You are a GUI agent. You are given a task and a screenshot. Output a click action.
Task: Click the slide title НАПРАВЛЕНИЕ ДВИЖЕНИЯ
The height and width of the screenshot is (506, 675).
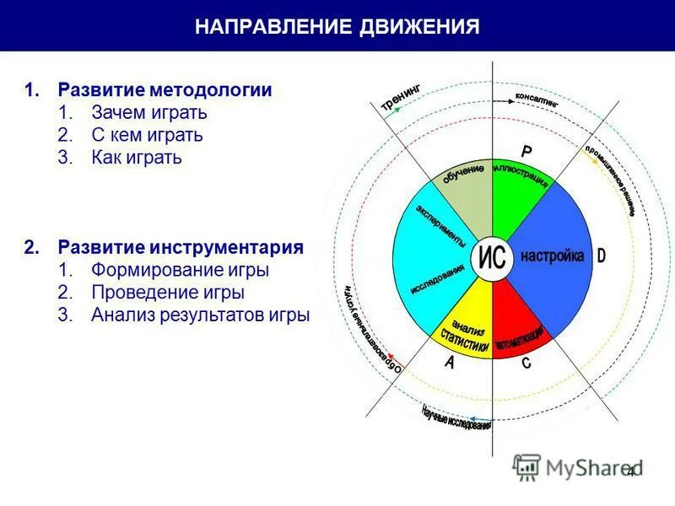pos(337,26)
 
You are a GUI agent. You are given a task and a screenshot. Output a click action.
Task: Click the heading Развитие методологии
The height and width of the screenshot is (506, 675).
pos(165,90)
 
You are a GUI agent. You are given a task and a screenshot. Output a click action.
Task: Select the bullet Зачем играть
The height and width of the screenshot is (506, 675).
pos(149,113)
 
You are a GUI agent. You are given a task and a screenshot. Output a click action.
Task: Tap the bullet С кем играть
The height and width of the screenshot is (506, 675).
pos(147,135)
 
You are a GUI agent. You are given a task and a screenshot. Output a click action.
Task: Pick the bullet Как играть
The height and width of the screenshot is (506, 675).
pos(137,158)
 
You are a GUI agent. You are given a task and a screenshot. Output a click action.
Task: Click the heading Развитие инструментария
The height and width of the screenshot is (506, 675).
pos(181,248)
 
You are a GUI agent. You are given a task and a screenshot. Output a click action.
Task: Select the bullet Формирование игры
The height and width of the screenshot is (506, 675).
pos(181,271)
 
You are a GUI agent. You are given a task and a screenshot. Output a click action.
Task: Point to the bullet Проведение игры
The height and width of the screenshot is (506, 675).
pos(168,293)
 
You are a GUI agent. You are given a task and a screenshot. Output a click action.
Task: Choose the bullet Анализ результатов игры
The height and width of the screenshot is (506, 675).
pos(201,315)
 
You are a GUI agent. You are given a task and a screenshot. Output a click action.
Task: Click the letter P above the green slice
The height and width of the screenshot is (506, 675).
pos(526,152)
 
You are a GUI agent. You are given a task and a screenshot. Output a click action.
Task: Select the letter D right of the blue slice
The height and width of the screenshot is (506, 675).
pos(601,256)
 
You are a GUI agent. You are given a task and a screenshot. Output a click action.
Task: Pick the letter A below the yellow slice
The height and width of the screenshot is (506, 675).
pos(450,363)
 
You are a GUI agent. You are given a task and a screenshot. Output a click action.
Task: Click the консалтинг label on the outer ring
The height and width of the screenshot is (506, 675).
pos(537,98)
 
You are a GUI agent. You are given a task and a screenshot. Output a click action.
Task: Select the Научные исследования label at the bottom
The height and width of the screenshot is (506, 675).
pos(456,418)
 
